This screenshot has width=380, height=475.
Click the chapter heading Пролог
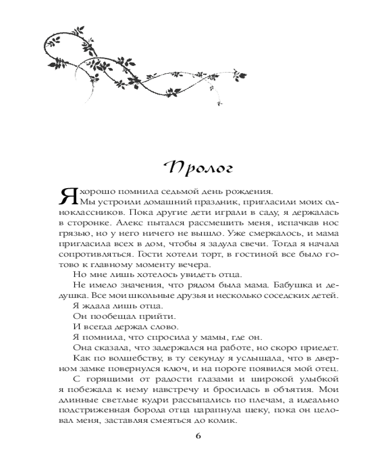(196, 167)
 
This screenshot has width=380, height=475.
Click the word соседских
(272, 295)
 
